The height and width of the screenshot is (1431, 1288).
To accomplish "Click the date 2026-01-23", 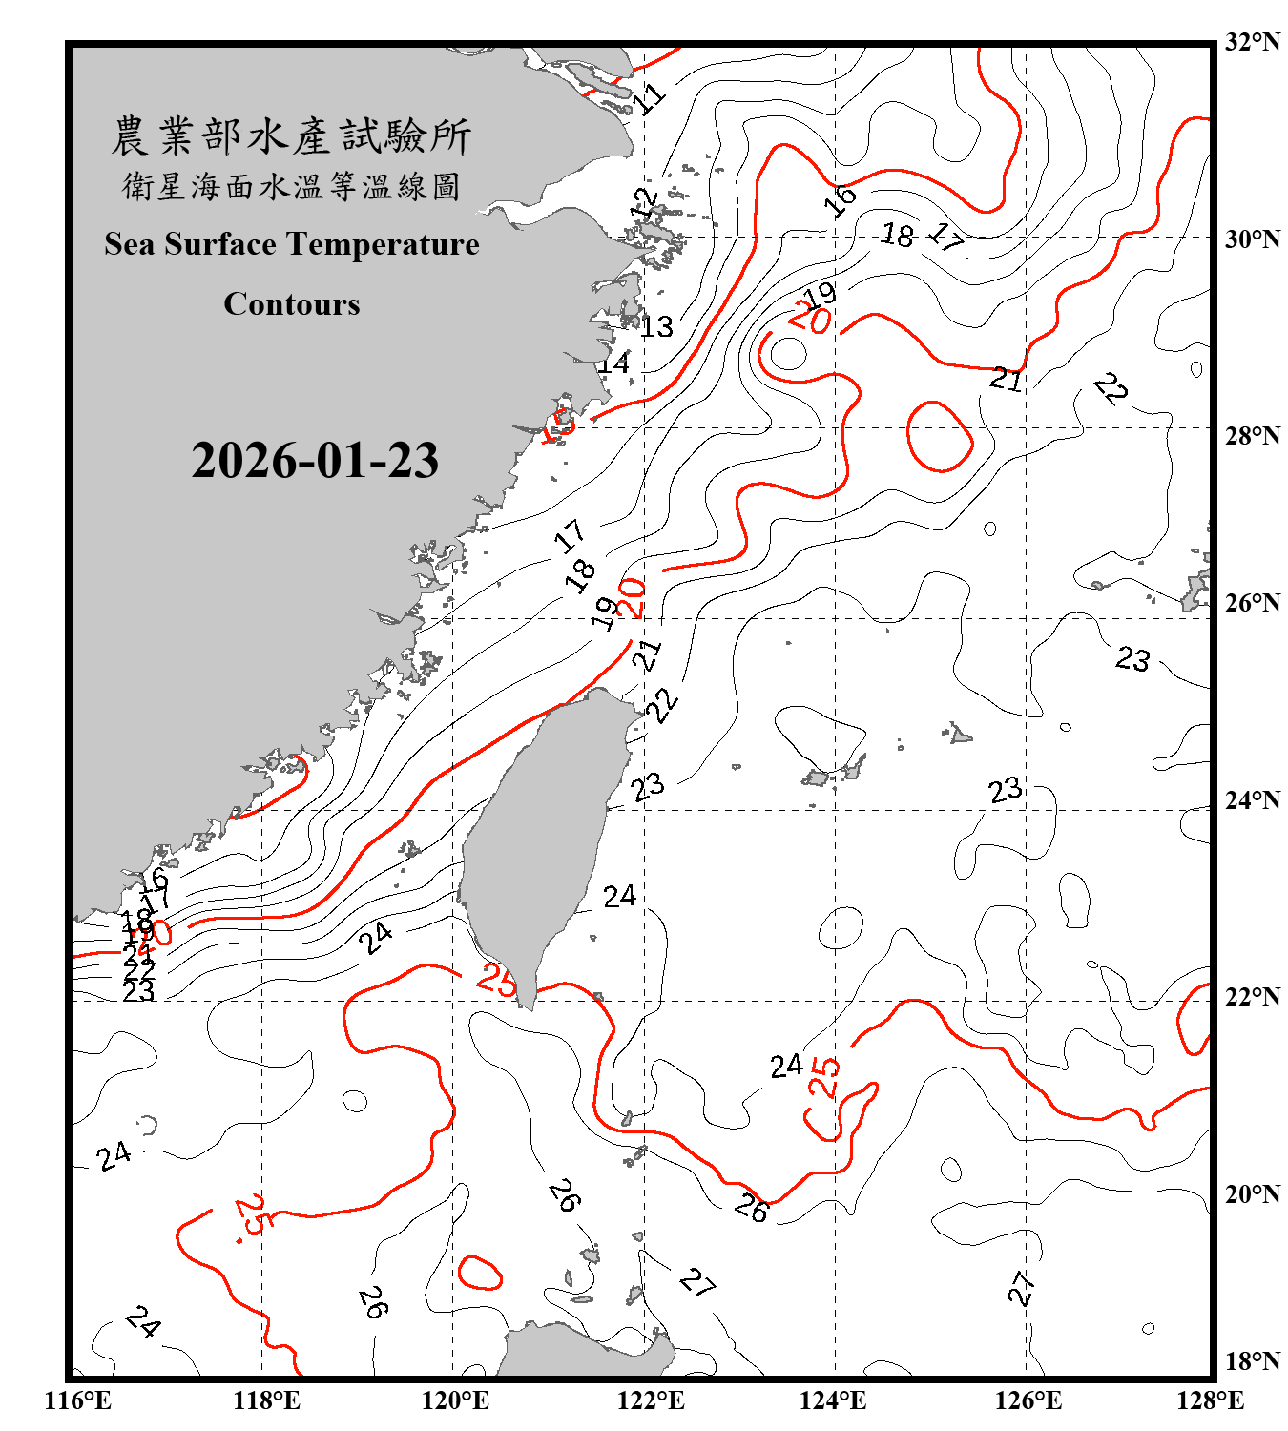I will pos(315,461).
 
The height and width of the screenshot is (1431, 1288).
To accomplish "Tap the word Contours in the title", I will pos(292,304).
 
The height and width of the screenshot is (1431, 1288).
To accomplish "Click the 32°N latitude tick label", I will pos(1253,42).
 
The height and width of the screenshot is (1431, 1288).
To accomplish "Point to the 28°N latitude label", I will pos(1253,436).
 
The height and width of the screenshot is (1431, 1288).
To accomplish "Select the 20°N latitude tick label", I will pos(1253,1193).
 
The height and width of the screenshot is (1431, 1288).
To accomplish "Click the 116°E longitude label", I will pos(78,1400).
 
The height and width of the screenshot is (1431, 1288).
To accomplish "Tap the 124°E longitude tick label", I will pos(833,1400).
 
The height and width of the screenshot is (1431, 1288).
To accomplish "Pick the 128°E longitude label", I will pos(1210,1400).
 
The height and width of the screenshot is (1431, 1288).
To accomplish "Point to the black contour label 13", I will pos(656,327).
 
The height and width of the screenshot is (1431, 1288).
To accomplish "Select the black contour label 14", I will pos(613,363).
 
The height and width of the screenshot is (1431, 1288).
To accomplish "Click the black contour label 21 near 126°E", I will pos(1006,379).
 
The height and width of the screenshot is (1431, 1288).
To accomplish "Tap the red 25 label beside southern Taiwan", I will pos(496,979).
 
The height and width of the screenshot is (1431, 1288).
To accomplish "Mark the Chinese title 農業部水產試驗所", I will pos(291,136).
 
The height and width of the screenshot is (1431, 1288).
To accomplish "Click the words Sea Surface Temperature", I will pos(292,244).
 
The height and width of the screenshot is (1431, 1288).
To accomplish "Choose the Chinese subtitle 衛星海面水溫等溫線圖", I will pos(291,186).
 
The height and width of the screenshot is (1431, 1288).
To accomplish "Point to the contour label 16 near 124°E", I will pos(840,200).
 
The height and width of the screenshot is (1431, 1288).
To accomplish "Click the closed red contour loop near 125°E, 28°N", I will pos(940,437).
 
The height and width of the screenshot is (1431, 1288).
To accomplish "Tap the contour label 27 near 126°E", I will pos(1021,1288).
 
